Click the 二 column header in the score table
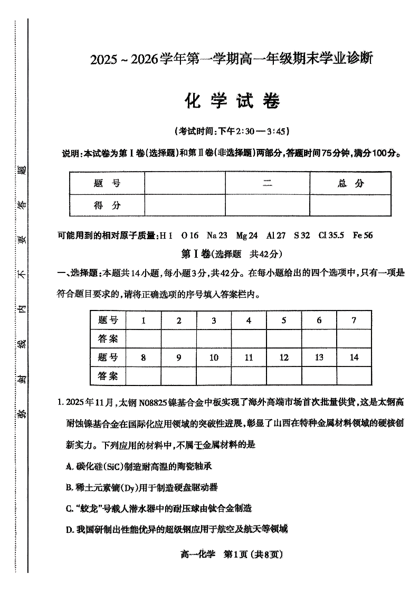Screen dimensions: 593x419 click(268, 183)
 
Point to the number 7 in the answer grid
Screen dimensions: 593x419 click(354, 320)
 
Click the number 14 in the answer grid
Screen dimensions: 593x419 click(354, 357)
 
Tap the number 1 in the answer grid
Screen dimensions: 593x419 click(144, 320)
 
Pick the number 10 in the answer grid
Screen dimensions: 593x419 click(214, 357)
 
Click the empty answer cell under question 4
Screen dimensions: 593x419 click(249, 338)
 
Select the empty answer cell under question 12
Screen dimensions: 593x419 click(284, 376)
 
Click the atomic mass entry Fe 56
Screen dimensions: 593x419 click(363, 236)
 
